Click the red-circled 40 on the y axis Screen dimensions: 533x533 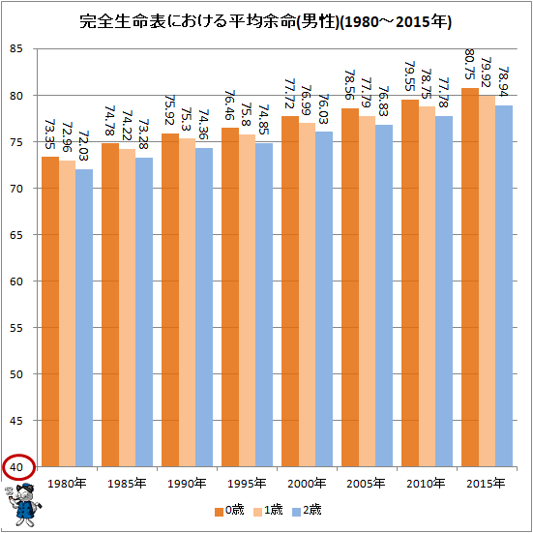(x=17, y=466)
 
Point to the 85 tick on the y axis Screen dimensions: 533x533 (x=17, y=49)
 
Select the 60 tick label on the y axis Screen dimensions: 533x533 (x=17, y=281)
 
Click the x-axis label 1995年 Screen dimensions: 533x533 (x=246, y=484)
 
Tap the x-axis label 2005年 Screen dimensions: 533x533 (x=364, y=484)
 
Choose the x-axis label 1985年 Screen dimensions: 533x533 (x=128, y=484)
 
